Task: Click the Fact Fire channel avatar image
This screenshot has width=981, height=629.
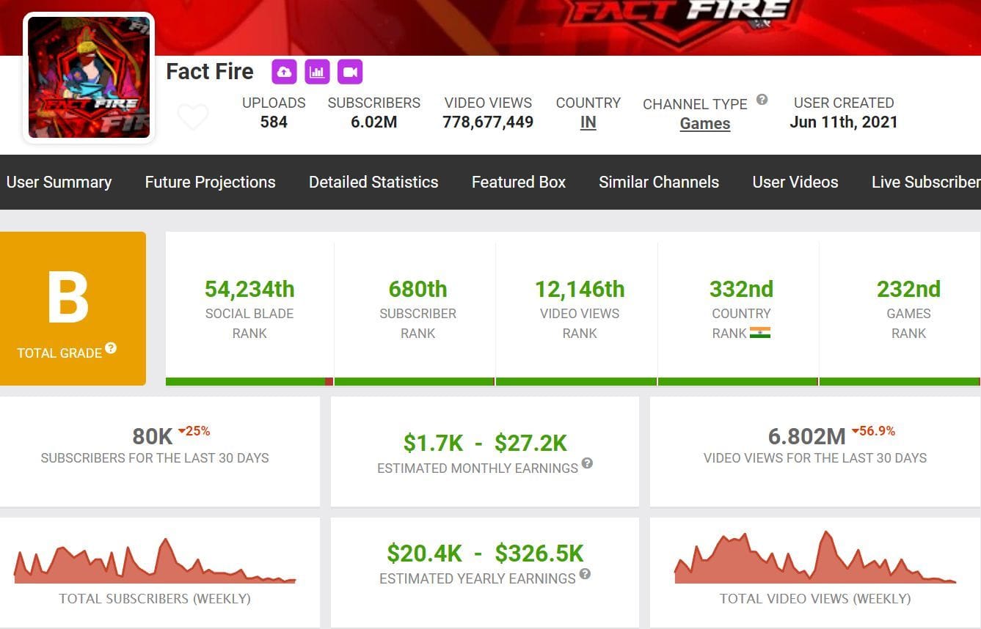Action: click(89, 77)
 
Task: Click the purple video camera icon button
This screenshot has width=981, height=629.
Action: click(350, 72)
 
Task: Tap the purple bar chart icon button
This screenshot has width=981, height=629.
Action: click(317, 72)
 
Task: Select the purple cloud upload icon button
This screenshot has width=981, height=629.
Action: click(284, 72)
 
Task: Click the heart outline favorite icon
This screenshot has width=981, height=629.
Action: click(193, 117)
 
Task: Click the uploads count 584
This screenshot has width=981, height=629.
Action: click(274, 122)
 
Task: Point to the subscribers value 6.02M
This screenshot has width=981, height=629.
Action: click(373, 122)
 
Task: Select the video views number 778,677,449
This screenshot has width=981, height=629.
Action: click(488, 122)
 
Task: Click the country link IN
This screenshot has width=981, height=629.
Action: click(588, 123)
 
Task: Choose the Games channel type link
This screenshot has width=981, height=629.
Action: click(704, 124)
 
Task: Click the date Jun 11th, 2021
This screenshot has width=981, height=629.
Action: click(843, 122)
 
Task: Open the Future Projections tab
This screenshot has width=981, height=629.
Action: click(210, 182)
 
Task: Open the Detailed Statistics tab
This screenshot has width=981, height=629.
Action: click(373, 182)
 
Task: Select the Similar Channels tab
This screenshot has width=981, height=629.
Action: click(659, 182)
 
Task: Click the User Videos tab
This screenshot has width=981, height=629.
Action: click(795, 182)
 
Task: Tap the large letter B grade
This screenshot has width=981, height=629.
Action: click(68, 298)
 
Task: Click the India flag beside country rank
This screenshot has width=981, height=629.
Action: click(760, 333)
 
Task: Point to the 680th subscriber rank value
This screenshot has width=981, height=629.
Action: click(417, 289)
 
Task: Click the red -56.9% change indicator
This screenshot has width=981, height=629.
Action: click(874, 431)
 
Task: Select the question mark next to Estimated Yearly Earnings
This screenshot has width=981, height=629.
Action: click(585, 573)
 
